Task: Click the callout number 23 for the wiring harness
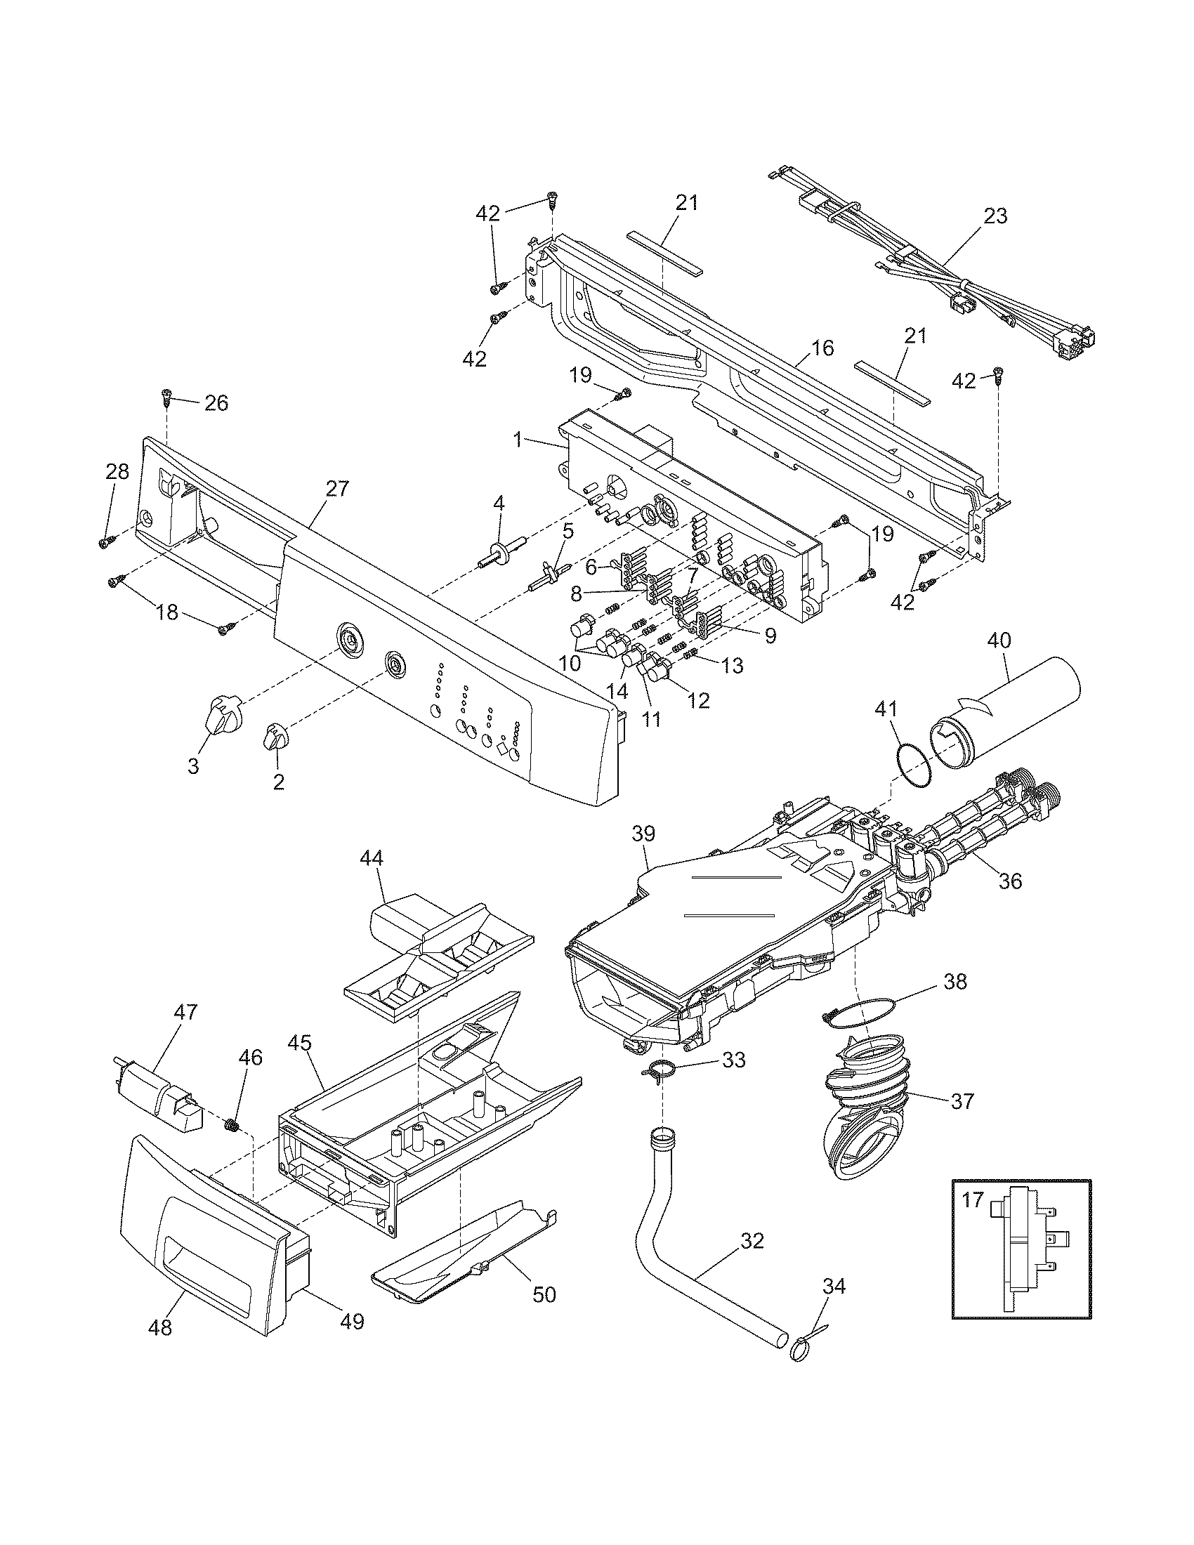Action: point(995,216)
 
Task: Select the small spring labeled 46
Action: point(230,1125)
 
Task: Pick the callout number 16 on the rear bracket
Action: point(822,348)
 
